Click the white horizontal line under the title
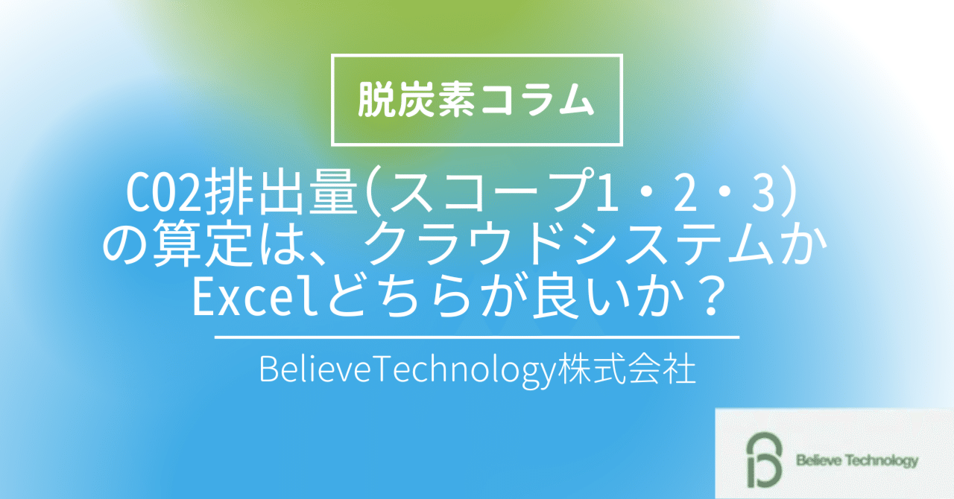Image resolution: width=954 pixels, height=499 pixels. (477, 338)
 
